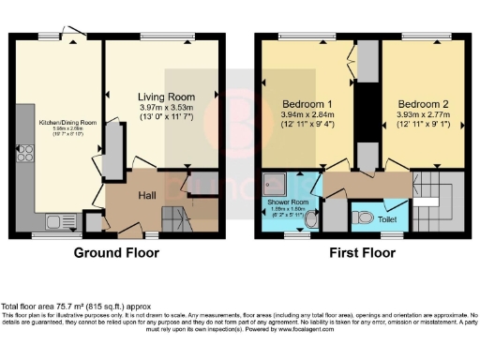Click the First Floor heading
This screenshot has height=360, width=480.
360,253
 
